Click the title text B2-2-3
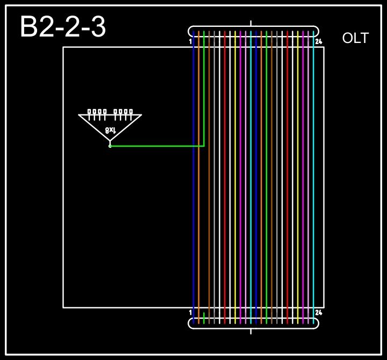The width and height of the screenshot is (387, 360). (x=62, y=27)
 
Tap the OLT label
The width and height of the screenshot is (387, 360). (x=355, y=38)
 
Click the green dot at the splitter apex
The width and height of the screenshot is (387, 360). (x=110, y=146)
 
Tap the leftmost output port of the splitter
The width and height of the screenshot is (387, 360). (x=90, y=112)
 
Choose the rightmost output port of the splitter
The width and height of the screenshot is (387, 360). (x=131, y=112)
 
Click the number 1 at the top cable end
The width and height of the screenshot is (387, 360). (x=191, y=41)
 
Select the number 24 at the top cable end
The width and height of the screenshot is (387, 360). (x=319, y=41)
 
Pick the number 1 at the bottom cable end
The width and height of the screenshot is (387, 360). (x=191, y=312)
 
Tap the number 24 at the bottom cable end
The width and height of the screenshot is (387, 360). (x=319, y=312)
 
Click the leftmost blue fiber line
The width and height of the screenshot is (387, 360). (x=193, y=177)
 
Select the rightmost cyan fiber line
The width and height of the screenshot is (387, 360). (x=313, y=177)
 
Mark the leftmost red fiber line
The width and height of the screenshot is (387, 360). (x=225, y=177)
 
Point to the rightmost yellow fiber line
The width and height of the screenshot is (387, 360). (x=298, y=177)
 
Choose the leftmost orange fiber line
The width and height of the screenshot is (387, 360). (x=199, y=177)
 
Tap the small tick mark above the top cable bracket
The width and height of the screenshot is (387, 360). (x=251, y=23)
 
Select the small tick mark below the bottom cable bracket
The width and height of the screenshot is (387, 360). (x=251, y=331)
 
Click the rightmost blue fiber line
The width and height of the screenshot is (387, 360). (x=256, y=177)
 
